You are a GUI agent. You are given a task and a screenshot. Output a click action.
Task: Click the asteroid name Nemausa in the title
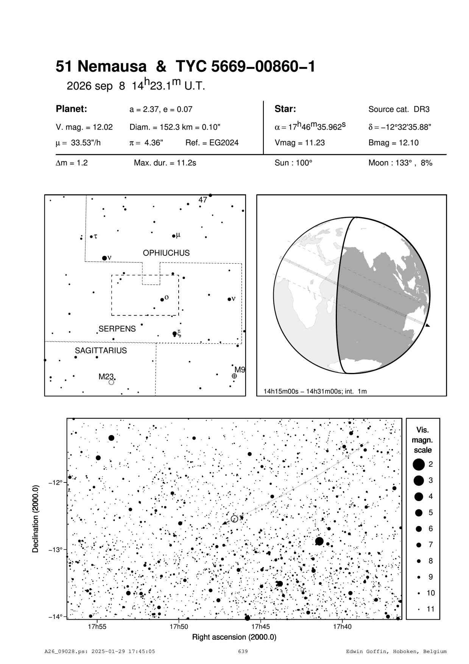click(x=113, y=67)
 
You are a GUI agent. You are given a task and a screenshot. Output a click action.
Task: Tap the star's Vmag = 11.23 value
click(x=299, y=143)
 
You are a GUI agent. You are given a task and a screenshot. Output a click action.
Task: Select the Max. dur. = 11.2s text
click(x=165, y=163)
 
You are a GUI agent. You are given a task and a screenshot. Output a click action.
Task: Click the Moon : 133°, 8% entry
click(x=400, y=163)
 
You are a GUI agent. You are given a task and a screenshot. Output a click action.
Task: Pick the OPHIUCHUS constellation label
click(x=166, y=253)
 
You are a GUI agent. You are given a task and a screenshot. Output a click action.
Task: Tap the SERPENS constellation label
click(x=117, y=329)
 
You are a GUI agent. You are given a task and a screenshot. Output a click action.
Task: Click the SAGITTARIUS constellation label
click(x=101, y=351)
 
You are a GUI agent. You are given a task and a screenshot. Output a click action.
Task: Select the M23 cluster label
click(x=106, y=376)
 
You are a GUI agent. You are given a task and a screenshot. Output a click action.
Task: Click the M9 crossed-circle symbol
click(x=234, y=376)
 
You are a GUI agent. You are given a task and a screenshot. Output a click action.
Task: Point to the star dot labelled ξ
click(x=175, y=334)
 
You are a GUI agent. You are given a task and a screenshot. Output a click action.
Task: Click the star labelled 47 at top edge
click(x=210, y=196)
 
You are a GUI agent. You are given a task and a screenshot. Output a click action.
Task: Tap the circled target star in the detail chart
click(x=234, y=519)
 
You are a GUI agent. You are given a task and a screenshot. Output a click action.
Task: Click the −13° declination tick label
click(x=55, y=550)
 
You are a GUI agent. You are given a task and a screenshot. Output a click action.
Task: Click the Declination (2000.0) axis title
click(x=36, y=518)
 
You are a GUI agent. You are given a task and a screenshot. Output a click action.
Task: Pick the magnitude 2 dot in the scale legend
click(x=419, y=464)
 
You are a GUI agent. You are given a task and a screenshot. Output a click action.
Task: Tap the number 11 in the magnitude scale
click(x=431, y=609)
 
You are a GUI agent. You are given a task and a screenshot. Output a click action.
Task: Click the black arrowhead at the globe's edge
click(x=428, y=326)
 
